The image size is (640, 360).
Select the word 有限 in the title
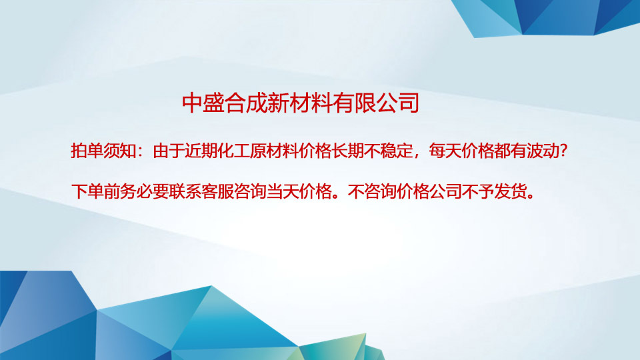(354, 103)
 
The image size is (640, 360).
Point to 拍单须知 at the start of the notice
(103, 151)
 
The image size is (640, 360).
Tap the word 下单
(87, 192)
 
